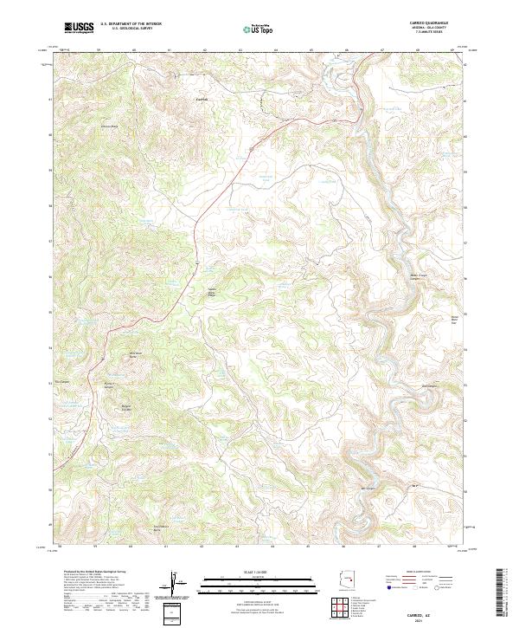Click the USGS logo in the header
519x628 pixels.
[79, 28]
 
